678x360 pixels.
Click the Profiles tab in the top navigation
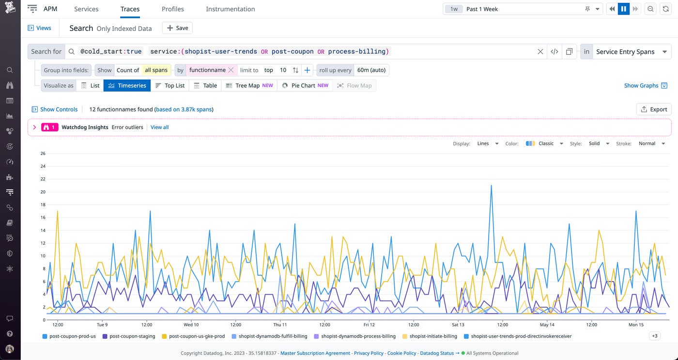(172, 9)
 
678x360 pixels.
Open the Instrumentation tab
(230, 9)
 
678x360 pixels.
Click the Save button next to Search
(177, 28)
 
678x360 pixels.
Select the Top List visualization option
(169, 85)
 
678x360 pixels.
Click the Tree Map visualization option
(249, 85)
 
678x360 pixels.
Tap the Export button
(654, 110)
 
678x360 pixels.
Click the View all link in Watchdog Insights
(159, 127)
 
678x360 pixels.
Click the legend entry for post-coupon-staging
(132, 336)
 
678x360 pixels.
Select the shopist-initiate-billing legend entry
(432, 336)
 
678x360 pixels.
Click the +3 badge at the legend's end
(654, 336)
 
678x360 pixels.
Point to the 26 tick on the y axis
(43, 154)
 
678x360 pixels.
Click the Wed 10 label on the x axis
(191, 325)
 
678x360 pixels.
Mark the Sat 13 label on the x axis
(458, 325)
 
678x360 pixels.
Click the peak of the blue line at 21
(491, 186)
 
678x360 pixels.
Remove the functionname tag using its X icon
(231, 70)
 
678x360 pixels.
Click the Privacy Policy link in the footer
(369, 353)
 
